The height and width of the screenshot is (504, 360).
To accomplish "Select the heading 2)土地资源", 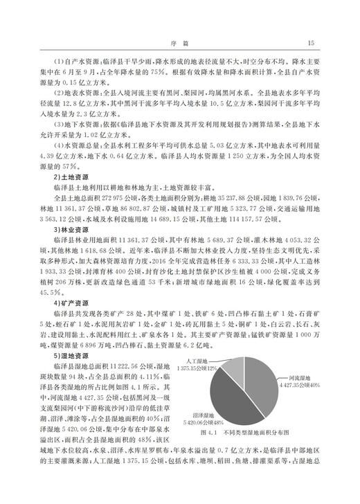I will point(69,178).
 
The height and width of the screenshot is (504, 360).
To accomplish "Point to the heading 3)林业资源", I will point(69,228).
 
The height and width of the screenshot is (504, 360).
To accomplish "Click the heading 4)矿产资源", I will point(69,303).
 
